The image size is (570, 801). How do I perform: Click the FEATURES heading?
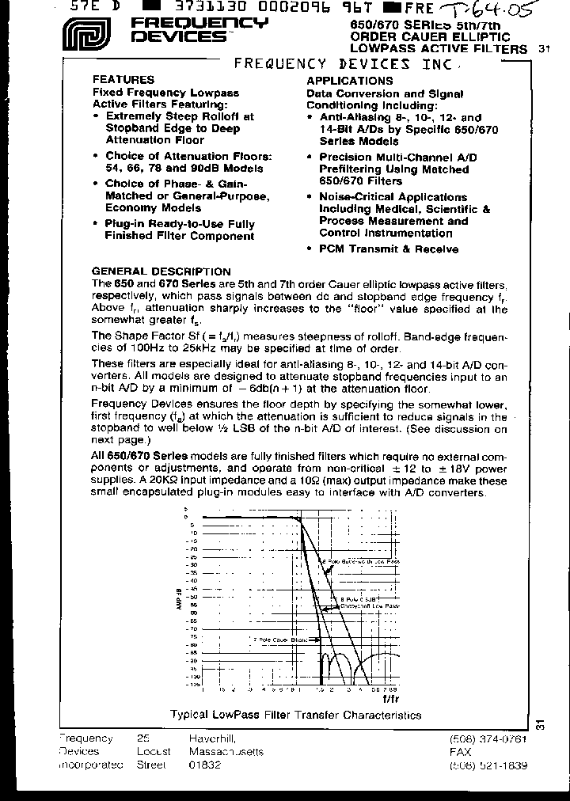click(x=123, y=80)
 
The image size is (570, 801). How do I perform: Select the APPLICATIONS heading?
click(x=349, y=81)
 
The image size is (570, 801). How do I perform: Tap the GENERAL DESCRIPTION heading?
click(x=161, y=271)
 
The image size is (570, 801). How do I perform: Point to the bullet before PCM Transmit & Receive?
click(x=310, y=249)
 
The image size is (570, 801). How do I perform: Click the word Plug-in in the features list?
click(x=127, y=224)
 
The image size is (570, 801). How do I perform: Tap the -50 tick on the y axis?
click(x=192, y=596)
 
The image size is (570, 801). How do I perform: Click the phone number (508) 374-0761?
click(x=488, y=738)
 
